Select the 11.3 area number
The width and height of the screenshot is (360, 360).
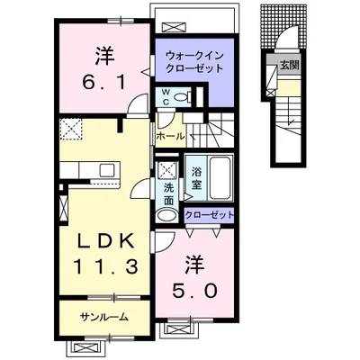(105, 266)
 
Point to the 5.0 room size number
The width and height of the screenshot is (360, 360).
(194, 290)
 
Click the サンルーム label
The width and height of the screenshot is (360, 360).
(104, 317)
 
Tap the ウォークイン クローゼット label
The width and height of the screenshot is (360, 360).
(194, 62)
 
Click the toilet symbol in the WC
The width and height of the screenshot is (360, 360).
(183, 96)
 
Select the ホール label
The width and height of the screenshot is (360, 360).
(170, 137)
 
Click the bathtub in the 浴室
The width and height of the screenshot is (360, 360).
(220, 177)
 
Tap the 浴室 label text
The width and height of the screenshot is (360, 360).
(196, 178)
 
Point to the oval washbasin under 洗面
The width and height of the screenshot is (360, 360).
(166, 215)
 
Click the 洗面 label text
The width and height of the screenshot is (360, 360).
(168, 194)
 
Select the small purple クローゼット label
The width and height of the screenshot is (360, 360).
(209, 215)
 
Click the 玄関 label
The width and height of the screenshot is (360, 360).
(290, 66)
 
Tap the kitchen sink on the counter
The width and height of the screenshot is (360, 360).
(108, 171)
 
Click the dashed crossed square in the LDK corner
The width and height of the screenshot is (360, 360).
(71, 129)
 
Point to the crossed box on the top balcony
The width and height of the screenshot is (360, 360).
(173, 27)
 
